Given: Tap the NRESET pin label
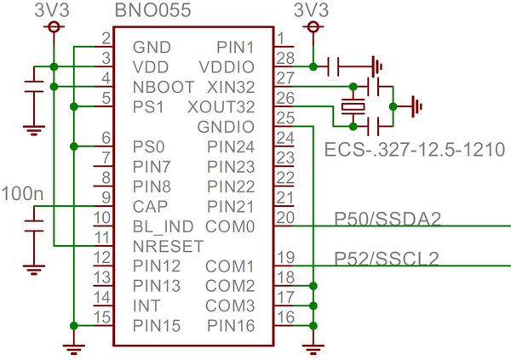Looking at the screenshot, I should (168, 247).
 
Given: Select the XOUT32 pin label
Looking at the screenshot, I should (219, 106).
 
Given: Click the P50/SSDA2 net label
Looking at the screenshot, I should (388, 220).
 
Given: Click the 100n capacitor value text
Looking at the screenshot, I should (22, 193).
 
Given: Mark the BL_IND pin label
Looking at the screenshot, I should (163, 226).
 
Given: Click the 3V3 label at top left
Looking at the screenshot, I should (53, 11).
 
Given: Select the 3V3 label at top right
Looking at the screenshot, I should (313, 11).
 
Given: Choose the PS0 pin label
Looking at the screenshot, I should (147, 146).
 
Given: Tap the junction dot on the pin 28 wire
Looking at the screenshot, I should (314, 66).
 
